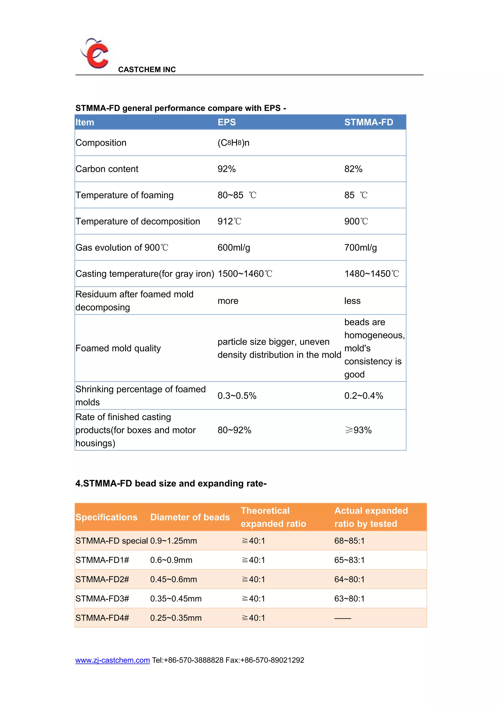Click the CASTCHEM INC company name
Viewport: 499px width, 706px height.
[x=147, y=69]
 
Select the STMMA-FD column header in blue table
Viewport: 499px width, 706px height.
[x=368, y=122]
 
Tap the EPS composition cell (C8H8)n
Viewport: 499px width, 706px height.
[x=233, y=143]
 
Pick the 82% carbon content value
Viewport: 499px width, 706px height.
[x=353, y=169]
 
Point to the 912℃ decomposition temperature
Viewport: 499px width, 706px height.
[x=229, y=221]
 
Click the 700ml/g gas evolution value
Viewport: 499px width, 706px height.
[x=360, y=248]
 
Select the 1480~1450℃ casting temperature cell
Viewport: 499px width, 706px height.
[x=371, y=274]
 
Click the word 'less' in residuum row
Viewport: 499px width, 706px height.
[x=352, y=301]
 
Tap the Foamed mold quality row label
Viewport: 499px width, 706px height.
[x=118, y=348]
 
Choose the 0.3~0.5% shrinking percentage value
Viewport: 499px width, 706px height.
[x=237, y=396]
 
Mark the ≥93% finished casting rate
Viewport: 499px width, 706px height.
[x=358, y=430]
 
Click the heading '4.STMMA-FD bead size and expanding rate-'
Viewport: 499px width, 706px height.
[x=171, y=483]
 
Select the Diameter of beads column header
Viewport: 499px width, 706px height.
[x=190, y=517]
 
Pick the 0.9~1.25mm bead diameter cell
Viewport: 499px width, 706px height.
[x=173, y=541]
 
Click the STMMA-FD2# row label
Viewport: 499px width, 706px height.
[x=102, y=579]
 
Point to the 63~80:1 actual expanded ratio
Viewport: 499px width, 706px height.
[x=349, y=599]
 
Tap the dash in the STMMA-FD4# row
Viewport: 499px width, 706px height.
[x=343, y=618]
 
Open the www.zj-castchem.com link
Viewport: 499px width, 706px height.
[x=113, y=660]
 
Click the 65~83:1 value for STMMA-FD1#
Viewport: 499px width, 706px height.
[x=349, y=560]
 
